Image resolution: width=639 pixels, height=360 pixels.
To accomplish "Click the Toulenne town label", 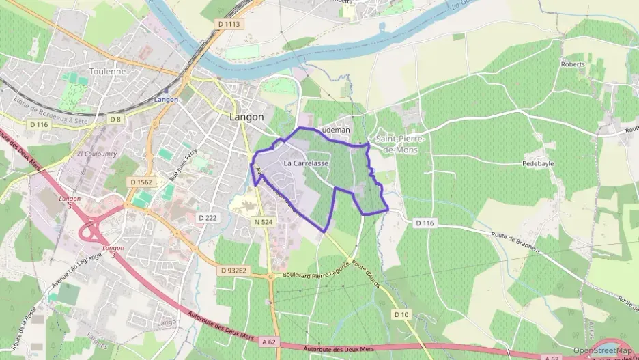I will click(x=109, y=70).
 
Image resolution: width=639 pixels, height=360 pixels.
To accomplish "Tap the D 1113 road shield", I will click(x=230, y=25).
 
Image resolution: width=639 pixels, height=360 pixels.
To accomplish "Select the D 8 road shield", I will click(x=116, y=120).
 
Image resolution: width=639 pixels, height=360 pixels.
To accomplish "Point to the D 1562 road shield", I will click(x=141, y=182).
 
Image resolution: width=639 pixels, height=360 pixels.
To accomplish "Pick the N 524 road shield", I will click(x=263, y=222).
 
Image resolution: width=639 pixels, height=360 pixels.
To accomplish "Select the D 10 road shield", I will click(x=401, y=314).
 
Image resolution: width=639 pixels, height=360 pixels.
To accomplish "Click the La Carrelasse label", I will click(x=306, y=163).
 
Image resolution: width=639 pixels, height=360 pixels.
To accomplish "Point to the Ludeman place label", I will click(x=335, y=130).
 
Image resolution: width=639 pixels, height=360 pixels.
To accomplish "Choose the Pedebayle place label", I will click(x=538, y=164).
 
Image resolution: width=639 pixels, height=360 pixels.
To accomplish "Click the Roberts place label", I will click(x=573, y=64).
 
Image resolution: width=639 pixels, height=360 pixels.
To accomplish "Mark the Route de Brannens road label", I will click(x=515, y=241).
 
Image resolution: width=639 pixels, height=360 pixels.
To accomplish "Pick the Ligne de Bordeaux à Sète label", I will click(x=51, y=111).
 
